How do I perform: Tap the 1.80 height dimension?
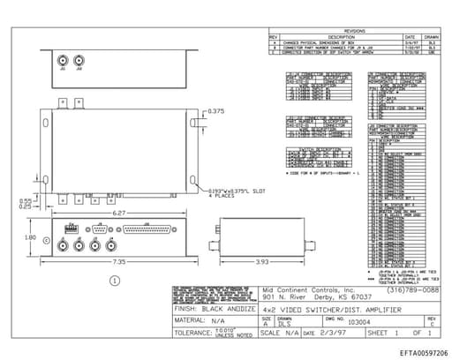tap(28, 236)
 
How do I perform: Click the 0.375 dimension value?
tap(216, 111)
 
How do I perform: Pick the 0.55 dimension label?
tap(26, 200)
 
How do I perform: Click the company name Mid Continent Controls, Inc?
tap(308, 289)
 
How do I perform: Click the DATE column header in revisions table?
tap(410, 36)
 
